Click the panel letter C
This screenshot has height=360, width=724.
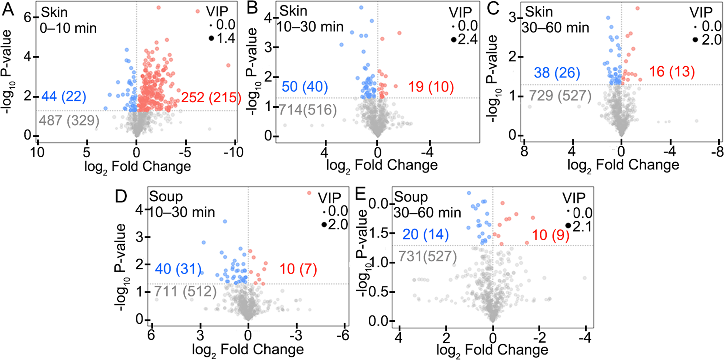click(x=493, y=8)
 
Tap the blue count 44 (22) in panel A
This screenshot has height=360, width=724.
click(x=64, y=96)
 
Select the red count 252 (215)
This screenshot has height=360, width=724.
click(x=211, y=98)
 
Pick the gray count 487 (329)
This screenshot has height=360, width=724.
click(x=69, y=120)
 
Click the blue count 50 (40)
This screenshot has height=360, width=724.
click(x=305, y=87)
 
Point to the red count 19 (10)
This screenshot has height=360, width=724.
click(x=431, y=87)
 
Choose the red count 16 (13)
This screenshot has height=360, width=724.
click(x=672, y=72)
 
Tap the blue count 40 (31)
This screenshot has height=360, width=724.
click(x=178, y=269)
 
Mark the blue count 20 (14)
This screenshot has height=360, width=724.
click(x=426, y=234)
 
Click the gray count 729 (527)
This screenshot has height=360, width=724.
click(x=560, y=96)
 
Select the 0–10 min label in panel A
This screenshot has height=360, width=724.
click(x=68, y=28)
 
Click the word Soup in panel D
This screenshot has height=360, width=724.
click(x=166, y=197)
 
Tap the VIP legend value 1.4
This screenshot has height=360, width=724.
click(x=226, y=38)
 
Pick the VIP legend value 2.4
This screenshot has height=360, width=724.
click(x=468, y=39)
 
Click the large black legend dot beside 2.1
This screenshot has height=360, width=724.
click(x=568, y=226)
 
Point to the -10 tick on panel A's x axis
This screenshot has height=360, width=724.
click(x=233, y=152)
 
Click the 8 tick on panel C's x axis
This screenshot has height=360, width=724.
click(x=524, y=151)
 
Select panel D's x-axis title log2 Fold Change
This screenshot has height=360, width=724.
click(x=248, y=350)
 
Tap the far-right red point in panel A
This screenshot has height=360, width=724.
click(x=228, y=66)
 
